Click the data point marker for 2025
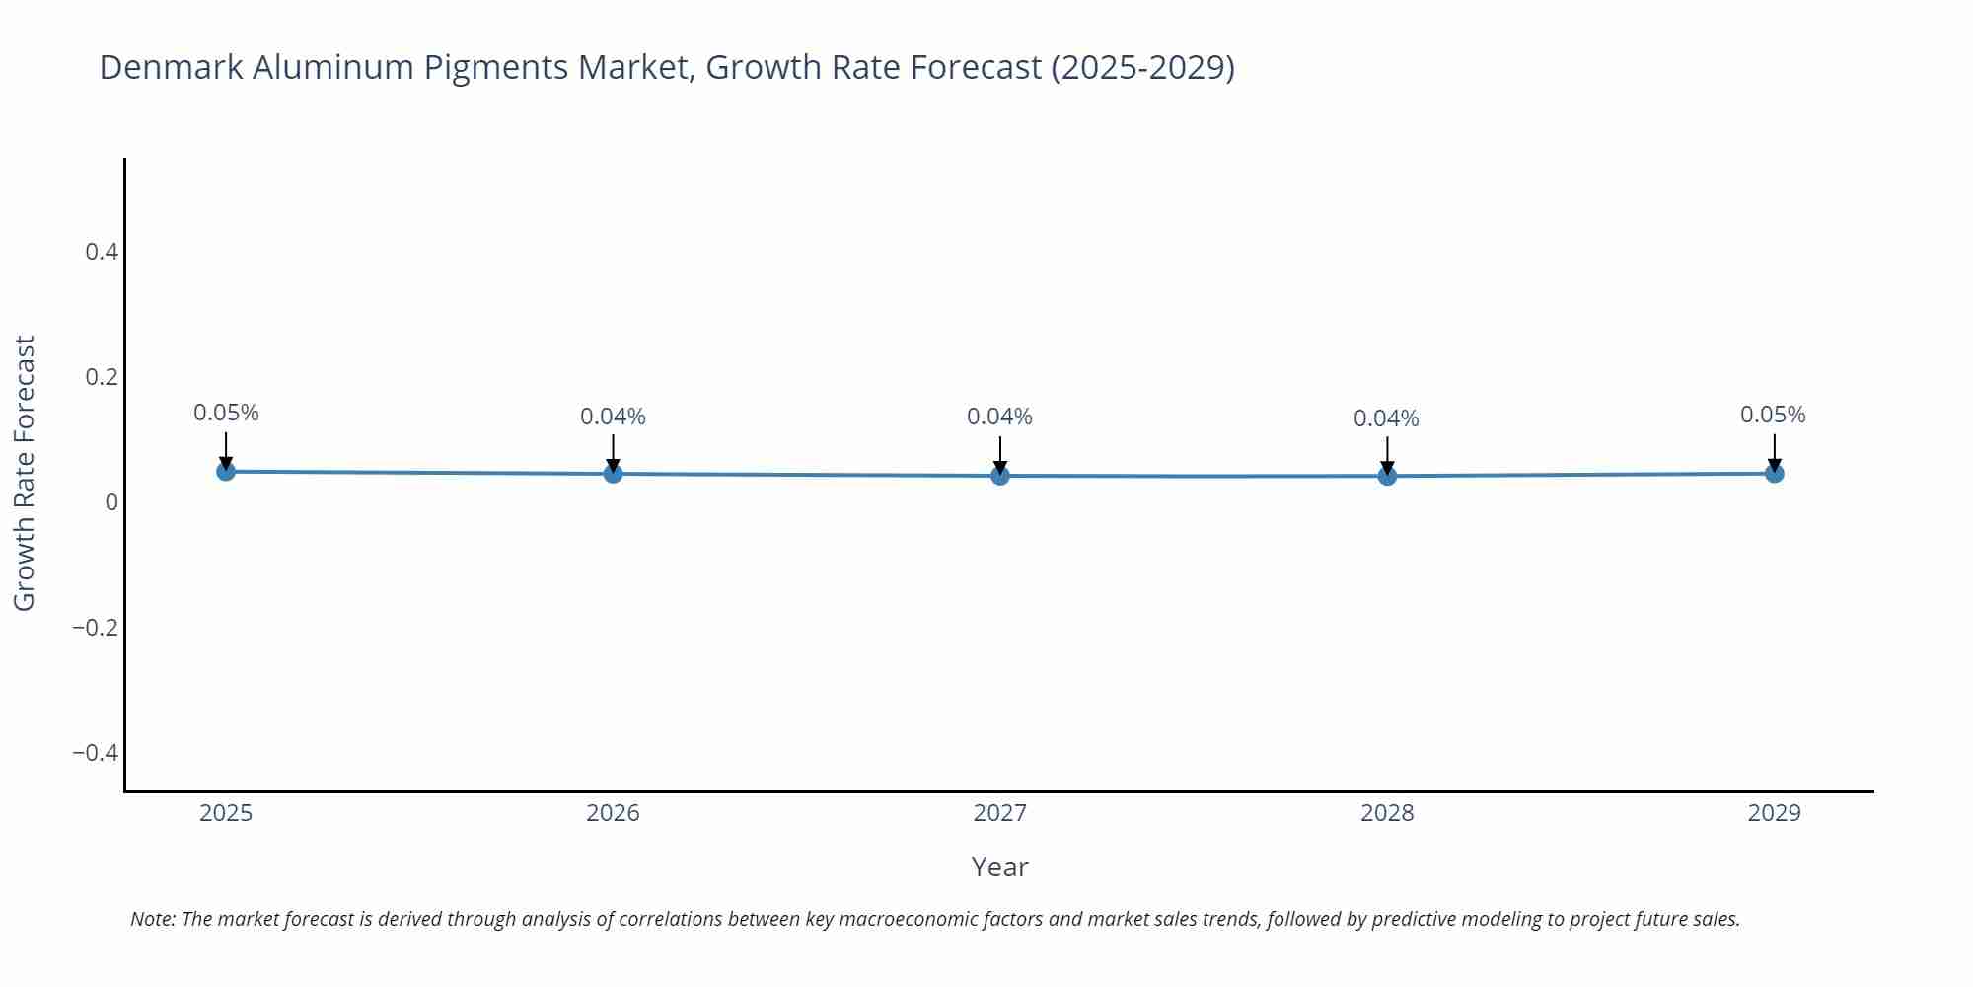pos(226,471)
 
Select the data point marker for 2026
pos(613,474)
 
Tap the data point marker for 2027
pos(1000,476)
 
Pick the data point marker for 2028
pos(1387,476)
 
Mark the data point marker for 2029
pos(1774,474)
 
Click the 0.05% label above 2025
pos(226,413)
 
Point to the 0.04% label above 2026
pos(613,417)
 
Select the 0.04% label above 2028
pos(1386,418)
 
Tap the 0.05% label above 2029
pos(1773,415)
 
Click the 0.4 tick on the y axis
pos(102,252)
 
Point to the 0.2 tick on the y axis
pos(102,377)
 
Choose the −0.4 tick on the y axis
pos(95,753)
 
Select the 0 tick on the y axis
pos(111,502)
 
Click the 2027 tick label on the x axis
pos(999,813)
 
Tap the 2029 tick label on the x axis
pos(1774,813)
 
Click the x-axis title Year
pos(999,867)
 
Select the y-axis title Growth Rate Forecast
pos(25,473)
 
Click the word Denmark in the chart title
pos(171,67)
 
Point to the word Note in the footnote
pos(152,919)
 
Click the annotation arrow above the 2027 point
pos(1000,454)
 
